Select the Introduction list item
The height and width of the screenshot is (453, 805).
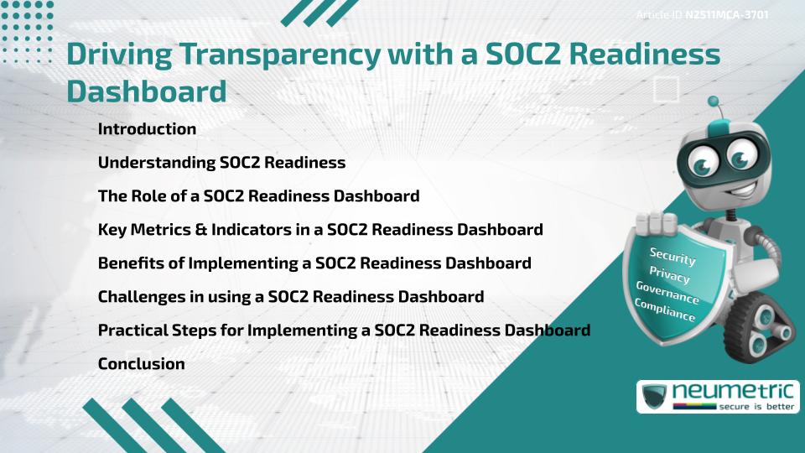tap(147, 129)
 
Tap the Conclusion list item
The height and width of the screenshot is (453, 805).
tap(141, 364)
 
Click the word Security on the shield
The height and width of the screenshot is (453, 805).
tap(673, 256)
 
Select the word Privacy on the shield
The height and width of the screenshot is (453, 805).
tap(669, 274)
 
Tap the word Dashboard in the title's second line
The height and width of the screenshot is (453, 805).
tap(147, 91)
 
